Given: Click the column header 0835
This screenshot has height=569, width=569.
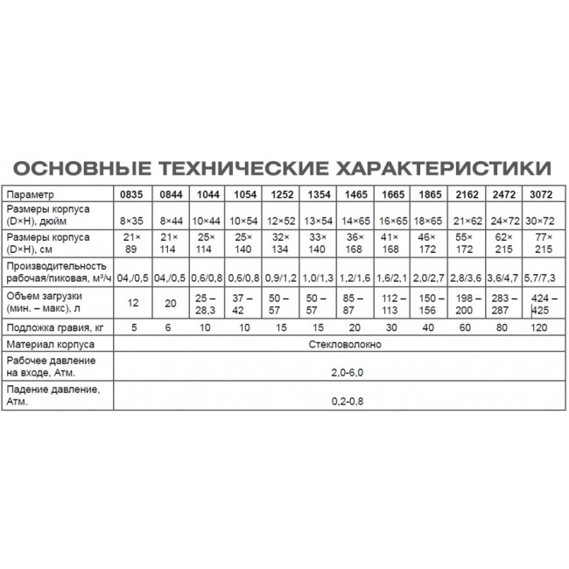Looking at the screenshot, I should pyautogui.click(x=130, y=193).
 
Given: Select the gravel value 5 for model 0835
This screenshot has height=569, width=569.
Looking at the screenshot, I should pyautogui.click(x=130, y=327).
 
